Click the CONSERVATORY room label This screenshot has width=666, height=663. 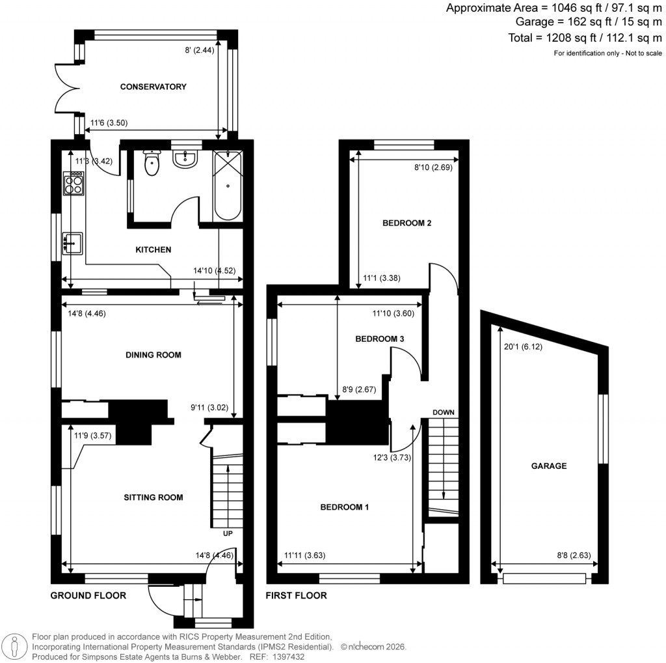click(x=153, y=87)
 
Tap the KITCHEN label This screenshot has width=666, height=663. click(x=153, y=249)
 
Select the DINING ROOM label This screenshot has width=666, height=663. click(x=153, y=355)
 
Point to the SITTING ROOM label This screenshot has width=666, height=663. click(x=153, y=498)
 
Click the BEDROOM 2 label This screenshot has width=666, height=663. click(x=406, y=223)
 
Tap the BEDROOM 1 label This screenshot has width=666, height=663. click(x=344, y=507)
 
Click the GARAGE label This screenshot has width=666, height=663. click(x=548, y=466)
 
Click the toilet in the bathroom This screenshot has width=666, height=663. click(x=152, y=163)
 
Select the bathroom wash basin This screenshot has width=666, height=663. click(x=186, y=158)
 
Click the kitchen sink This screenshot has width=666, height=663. click(x=72, y=243)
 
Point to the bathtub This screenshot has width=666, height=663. click(x=227, y=186)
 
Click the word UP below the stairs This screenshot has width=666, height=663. click(x=228, y=534)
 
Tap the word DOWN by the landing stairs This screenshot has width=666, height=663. click(x=443, y=412)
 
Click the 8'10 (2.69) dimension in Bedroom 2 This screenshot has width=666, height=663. click(x=433, y=167)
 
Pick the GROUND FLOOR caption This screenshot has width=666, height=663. click(x=88, y=595)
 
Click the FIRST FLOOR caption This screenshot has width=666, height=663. click(x=297, y=595)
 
